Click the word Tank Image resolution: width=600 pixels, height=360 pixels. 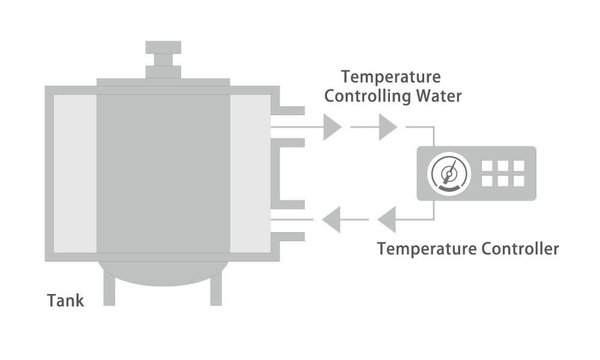pyautogui.click(x=65, y=301)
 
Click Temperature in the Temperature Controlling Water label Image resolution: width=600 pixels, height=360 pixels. pyautogui.click(x=391, y=77)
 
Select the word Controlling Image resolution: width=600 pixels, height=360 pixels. pyautogui.click(x=367, y=95)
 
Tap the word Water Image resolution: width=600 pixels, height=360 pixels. pyautogui.click(x=439, y=95)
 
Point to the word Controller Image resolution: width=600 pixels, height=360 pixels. pyautogui.click(x=520, y=248)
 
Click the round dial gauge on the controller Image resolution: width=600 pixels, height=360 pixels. pyautogui.click(x=449, y=173)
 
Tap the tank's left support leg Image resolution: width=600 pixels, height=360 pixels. pyautogui.click(x=109, y=286)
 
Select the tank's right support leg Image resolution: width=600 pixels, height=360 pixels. pyautogui.click(x=216, y=287)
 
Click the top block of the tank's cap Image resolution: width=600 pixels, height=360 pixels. pyautogui.click(x=163, y=47)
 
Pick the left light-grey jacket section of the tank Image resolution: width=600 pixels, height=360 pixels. pyautogui.click(x=75, y=173)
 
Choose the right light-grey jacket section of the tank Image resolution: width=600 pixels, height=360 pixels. pyautogui.click(x=250, y=173)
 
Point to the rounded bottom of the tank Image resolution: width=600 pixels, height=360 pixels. pyautogui.click(x=163, y=274)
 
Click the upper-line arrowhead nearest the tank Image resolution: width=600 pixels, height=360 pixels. pyautogui.click(x=331, y=127)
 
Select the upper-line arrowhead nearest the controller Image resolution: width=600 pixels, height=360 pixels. pyautogui.click(x=387, y=127)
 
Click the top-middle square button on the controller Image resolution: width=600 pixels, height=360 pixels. pyautogui.click(x=503, y=166)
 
